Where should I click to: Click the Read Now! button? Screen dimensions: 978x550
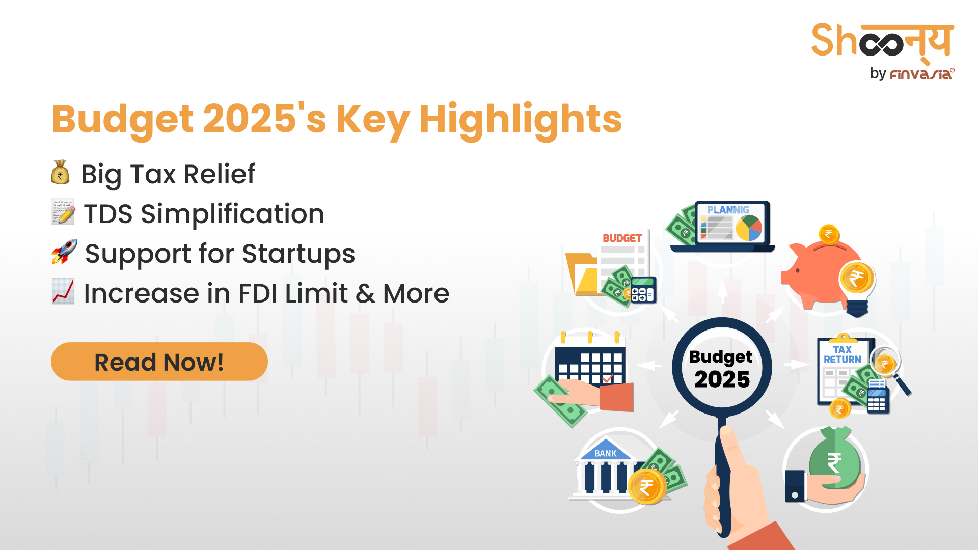click(159, 362)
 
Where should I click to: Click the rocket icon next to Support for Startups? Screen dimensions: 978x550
click(64, 252)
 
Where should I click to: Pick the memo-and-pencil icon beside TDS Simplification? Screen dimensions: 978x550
click(63, 212)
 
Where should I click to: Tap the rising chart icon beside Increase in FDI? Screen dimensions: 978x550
click(63, 291)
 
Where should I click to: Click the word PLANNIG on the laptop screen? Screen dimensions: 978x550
click(728, 210)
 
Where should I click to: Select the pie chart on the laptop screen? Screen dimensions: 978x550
click(749, 228)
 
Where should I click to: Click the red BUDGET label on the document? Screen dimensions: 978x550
click(622, 238)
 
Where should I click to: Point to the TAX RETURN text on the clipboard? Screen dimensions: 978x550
click(843, 354)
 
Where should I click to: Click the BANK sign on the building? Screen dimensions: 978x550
click(605, 453)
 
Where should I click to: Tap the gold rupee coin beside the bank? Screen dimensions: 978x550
click(647, 487)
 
